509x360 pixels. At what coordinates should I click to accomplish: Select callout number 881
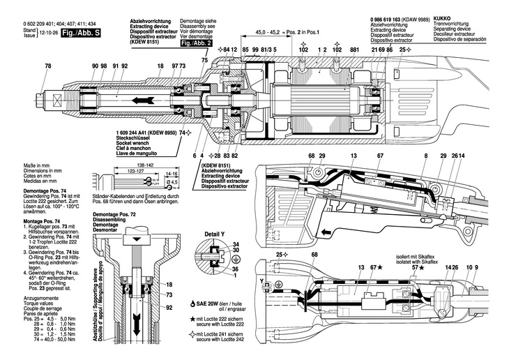click(x=355, y=50)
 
